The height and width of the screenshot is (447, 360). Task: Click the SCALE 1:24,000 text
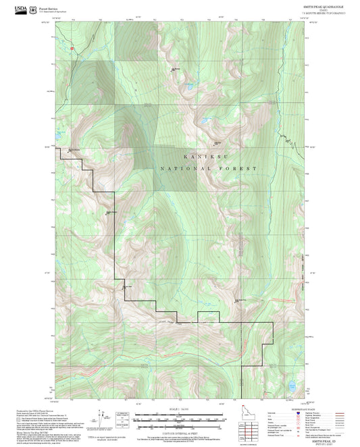click(179, 408)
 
